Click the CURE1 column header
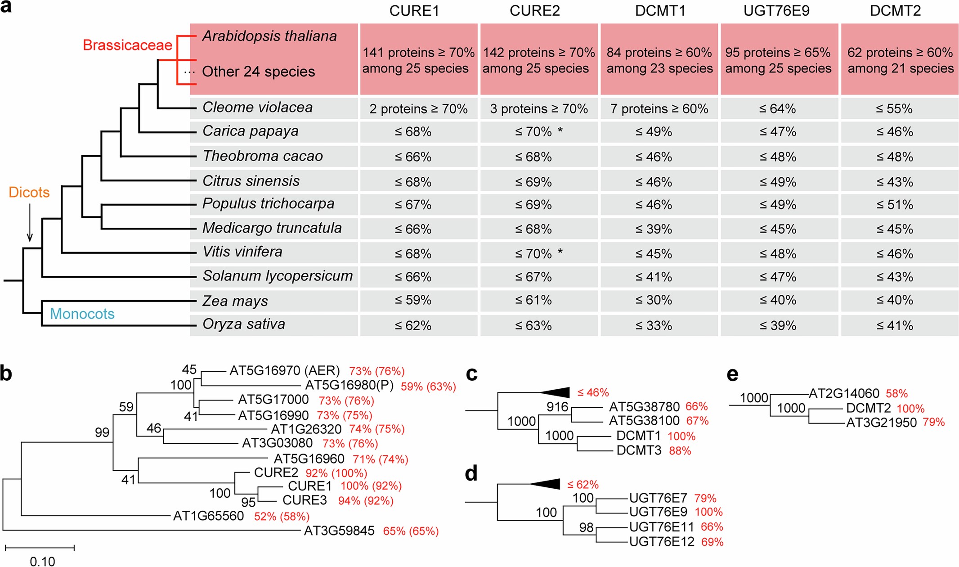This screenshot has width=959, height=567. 414,11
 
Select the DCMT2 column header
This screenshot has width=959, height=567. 895,11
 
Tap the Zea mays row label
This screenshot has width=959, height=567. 235,301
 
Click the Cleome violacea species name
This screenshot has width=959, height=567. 257,108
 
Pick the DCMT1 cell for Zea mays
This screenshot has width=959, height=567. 654,301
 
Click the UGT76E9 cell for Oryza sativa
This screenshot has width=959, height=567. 778,325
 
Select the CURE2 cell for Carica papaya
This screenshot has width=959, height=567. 538,132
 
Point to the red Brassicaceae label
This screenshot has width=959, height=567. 127,45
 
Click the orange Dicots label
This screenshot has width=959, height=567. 29,193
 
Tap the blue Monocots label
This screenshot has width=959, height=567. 82,314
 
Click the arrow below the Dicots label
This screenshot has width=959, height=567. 30,223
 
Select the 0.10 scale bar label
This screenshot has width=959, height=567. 42,561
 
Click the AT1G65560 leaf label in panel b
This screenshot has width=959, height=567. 208,516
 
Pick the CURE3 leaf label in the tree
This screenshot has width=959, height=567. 305,500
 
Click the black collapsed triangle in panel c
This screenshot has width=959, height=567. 557,392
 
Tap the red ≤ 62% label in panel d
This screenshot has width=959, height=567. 583,485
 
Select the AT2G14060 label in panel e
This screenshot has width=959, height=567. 844,394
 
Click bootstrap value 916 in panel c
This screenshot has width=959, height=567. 557,407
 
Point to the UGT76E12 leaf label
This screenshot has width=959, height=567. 662,542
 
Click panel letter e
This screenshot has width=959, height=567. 732,374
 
